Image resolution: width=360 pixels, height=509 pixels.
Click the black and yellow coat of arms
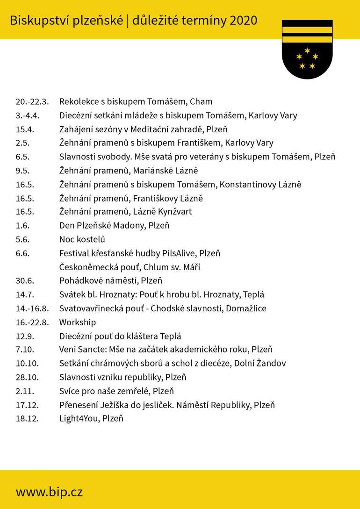tap(307, 49)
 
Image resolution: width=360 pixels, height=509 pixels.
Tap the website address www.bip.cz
tap(49, 492)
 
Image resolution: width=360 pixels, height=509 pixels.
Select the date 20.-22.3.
tap(32, 102)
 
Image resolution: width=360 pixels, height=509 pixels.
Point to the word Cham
tap(201, 102)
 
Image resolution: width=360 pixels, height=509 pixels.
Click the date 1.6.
tap(22, 226)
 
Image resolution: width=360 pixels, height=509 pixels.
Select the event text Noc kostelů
tap(82, 239)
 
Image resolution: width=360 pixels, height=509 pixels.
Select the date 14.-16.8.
tap(32, 308)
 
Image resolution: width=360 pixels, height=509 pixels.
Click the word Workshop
tap(77, 323)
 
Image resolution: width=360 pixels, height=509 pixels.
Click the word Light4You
tap(79, 418)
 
